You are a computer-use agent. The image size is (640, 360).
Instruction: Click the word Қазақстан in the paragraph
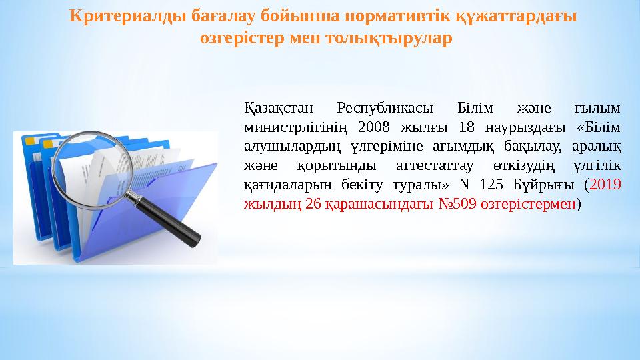(275, 107)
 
